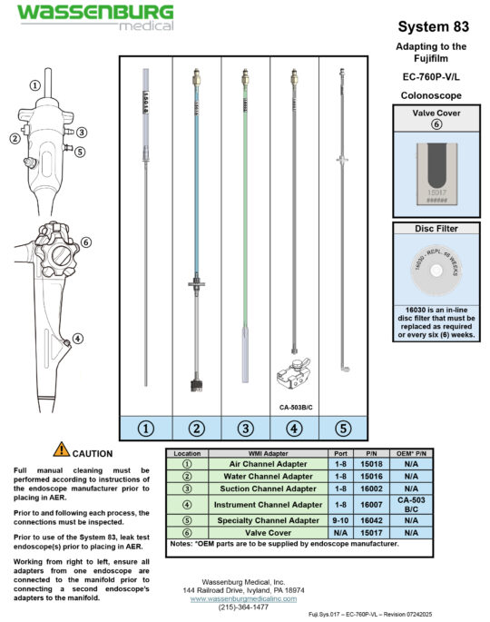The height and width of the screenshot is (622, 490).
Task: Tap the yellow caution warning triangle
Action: pyautogui.click(x=61, y=449)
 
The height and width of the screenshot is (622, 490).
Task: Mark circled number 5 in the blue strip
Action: pyautogui.click(x=341, y=428)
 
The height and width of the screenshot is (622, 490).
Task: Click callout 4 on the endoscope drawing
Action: pyautogui.click(x=78, y=339)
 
